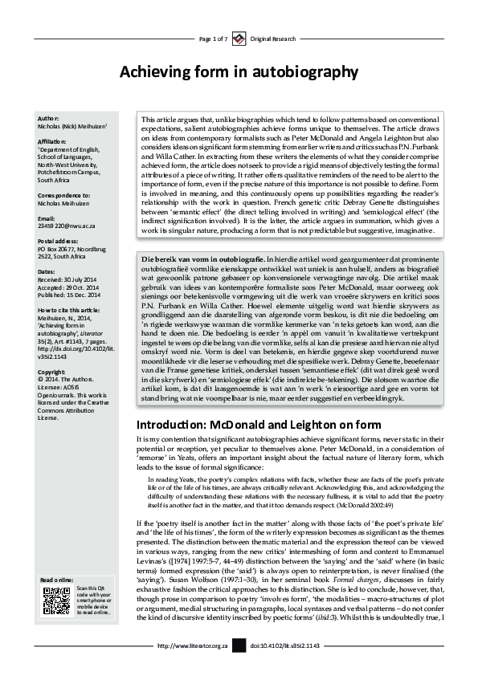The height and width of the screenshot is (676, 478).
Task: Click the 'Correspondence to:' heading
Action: [x=66, y=194]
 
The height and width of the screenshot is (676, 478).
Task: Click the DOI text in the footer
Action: [x=285, y=668]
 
